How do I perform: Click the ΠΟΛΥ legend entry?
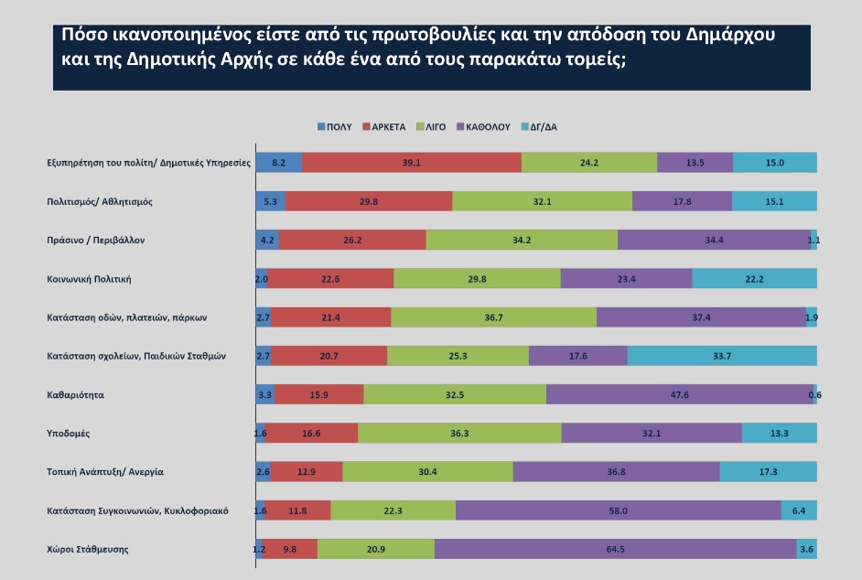[336, 127]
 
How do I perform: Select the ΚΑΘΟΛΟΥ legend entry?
[490, 127]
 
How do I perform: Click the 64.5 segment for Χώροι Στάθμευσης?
[615, 549]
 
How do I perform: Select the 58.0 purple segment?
[618, 510]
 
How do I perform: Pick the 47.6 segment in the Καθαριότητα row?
[679, 394]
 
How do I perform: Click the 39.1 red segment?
[411, 162]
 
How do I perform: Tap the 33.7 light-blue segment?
[722, 356]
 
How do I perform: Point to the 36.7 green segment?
[493, 317]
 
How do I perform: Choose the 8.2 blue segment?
[278, 162]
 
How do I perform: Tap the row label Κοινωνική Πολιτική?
[96, 278]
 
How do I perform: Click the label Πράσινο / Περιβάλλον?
[96, 240]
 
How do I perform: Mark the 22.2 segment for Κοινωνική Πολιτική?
[754, 278]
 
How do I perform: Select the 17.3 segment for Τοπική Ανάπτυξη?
[768, 472]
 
